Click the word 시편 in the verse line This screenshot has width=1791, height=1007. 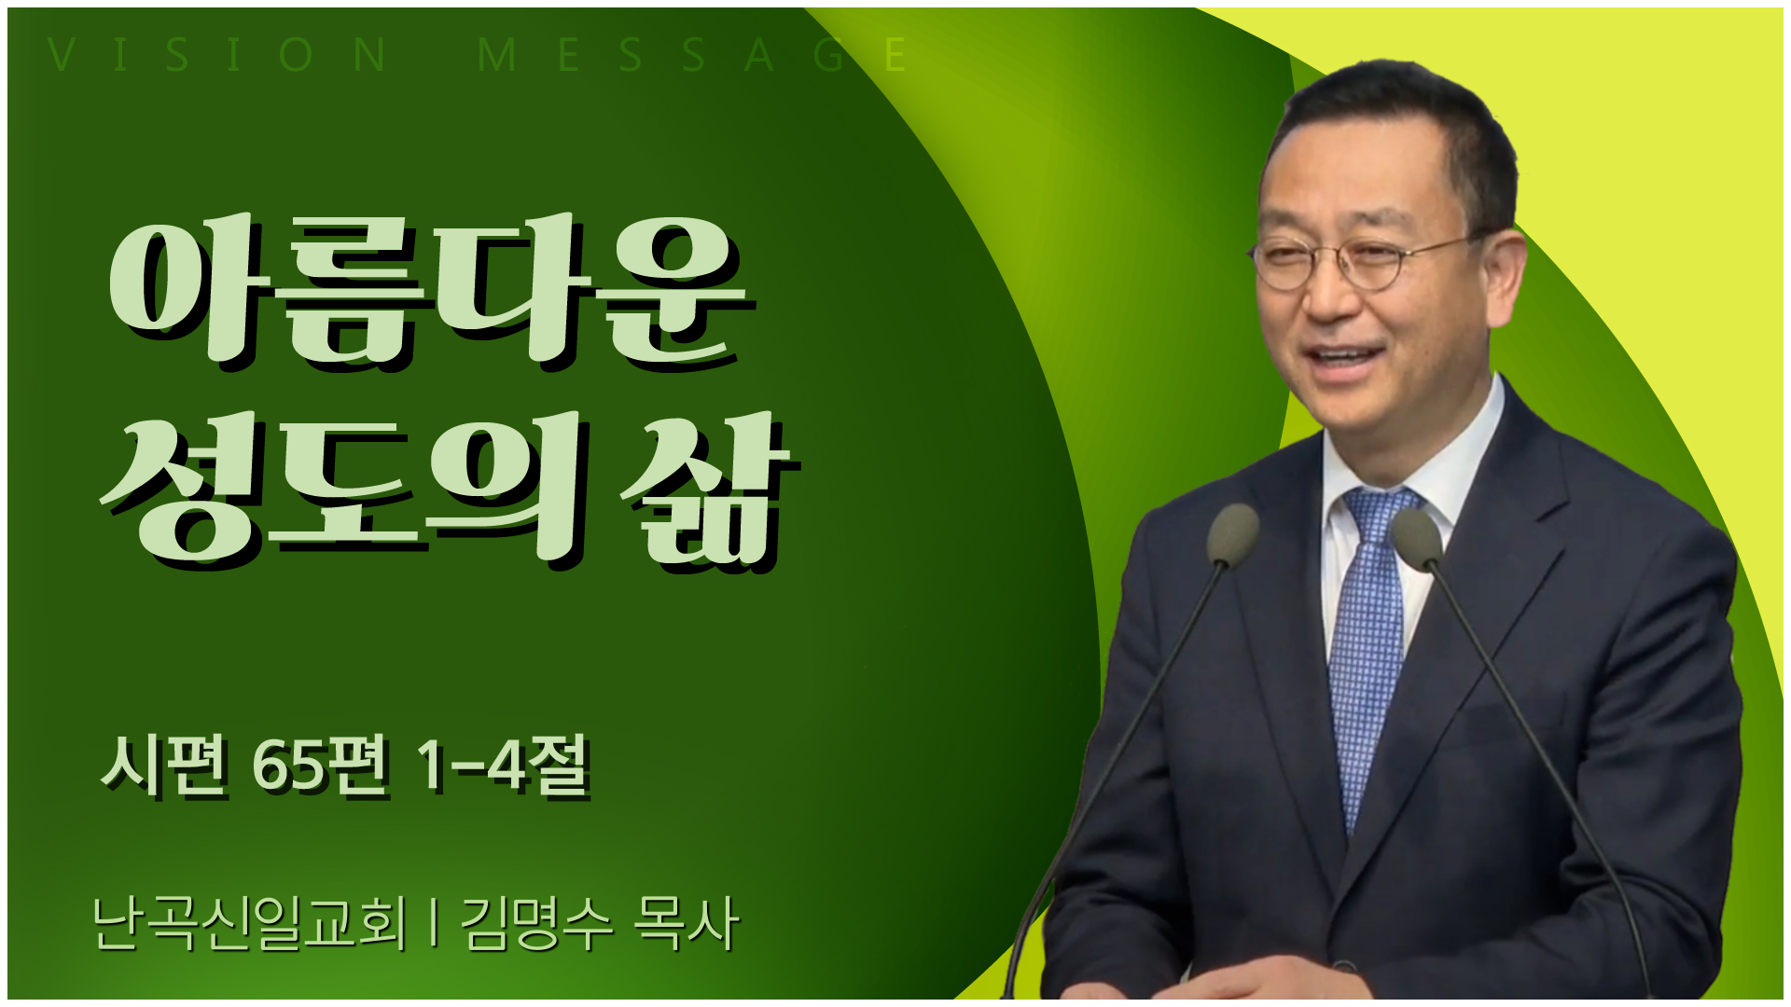click(164, 766)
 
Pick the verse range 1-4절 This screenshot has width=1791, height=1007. click(504, 766)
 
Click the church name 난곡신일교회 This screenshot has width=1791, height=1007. click(250, 923)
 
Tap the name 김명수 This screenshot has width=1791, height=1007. click(537, 923)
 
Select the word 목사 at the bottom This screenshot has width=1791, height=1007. click(687, 923)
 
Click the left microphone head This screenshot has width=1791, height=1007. click(1232, 534)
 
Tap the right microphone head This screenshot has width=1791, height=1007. click(1417, 539)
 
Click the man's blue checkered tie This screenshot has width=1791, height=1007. click(1368, 653)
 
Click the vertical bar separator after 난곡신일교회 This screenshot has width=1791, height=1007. click(433, 923)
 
